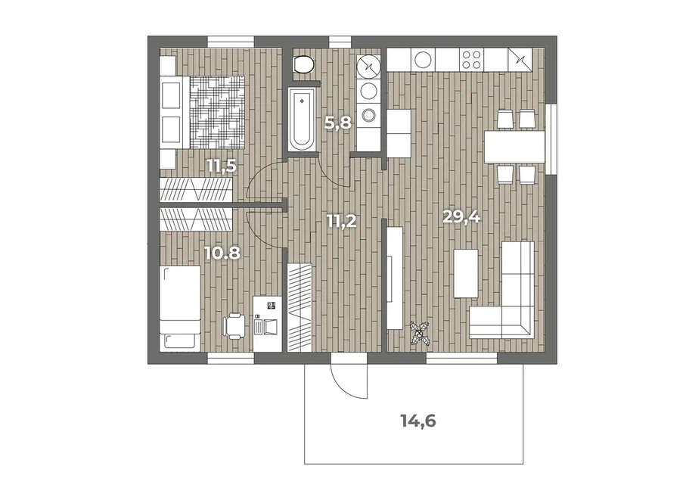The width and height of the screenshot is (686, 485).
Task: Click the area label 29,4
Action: coord(461,216)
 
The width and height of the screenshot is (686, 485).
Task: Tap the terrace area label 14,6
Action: coord(419,421)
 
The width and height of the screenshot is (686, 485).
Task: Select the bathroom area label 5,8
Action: coord(338,123)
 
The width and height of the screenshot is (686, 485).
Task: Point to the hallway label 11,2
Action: coord(341,221)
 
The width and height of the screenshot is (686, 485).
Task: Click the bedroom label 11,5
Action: coord(222,166)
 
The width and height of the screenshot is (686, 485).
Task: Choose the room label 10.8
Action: coord(222,253)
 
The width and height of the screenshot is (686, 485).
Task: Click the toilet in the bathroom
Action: coord(303,65)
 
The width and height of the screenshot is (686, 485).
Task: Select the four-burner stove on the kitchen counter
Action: coord(471,60)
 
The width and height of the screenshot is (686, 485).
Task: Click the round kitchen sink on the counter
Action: coord(423,60)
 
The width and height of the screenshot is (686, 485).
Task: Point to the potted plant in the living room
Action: coord(420,334)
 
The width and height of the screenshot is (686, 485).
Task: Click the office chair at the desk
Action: coord(234,325)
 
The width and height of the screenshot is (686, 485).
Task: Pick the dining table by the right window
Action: coord(514,147)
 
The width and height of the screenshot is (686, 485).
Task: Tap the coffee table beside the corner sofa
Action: coord(466,273)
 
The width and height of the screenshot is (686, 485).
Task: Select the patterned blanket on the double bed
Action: coord(217,112)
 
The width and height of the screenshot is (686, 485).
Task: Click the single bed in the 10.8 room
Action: coord(180,307)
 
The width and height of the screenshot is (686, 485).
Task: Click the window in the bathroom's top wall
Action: coord(337,42)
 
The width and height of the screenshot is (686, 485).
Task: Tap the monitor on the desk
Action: coord(272,305)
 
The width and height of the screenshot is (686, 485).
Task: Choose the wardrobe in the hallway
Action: coord(300,307)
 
